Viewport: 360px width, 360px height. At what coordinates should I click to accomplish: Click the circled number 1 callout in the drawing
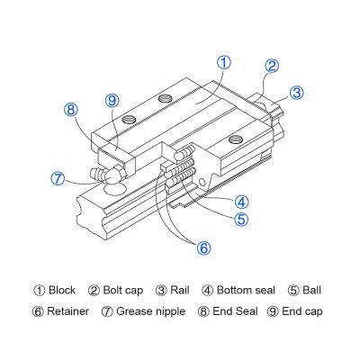coord(224,63)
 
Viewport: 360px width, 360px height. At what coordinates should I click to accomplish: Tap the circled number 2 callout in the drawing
coord(272,66)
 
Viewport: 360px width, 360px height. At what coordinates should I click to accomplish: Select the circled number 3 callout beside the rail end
coord(297,93)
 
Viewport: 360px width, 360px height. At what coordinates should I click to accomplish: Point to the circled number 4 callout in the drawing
coord(242,202)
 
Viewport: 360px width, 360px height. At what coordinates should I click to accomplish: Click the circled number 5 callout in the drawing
coord(241,219)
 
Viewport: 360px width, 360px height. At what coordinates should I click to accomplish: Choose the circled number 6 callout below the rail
coord(203,248)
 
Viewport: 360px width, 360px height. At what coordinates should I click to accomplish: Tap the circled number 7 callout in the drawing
coord(58,178)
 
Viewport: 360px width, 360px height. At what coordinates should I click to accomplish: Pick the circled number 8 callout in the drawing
coord(71,110)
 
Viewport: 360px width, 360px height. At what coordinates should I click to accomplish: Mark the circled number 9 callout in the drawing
coord(112,101)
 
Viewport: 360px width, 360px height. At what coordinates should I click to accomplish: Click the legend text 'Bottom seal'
coord(246,291)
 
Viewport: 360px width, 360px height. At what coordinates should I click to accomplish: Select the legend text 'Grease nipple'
coord(150,311)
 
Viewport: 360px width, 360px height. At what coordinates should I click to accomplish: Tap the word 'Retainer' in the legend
coord(68,311)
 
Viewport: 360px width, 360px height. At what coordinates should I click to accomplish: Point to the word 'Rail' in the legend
coord(180,291)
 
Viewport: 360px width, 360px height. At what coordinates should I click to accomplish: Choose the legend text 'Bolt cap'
coord(123,291)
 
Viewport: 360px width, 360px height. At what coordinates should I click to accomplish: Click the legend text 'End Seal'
coord(235,311)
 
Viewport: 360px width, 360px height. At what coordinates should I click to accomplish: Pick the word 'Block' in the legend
coord(62,291)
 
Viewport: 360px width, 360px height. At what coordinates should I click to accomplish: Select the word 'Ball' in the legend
coord(312,291)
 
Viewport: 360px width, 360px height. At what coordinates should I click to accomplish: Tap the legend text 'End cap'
coord(302,311)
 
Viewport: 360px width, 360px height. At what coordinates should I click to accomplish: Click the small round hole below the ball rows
coord(202,183)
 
